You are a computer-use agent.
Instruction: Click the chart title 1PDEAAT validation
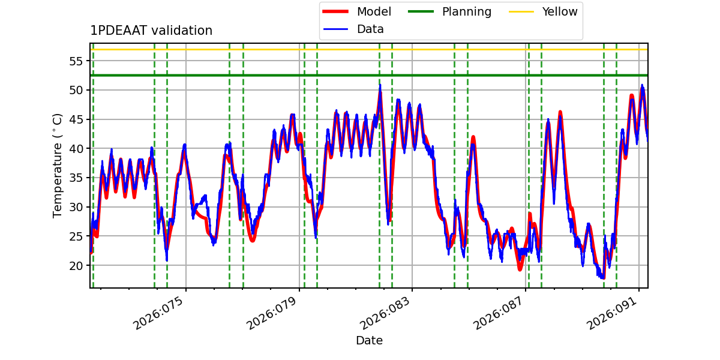click(x=151, y=31)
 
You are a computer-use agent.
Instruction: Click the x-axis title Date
click(x=369, y=341)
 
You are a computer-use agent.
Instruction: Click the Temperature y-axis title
click(x=58, y=165)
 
